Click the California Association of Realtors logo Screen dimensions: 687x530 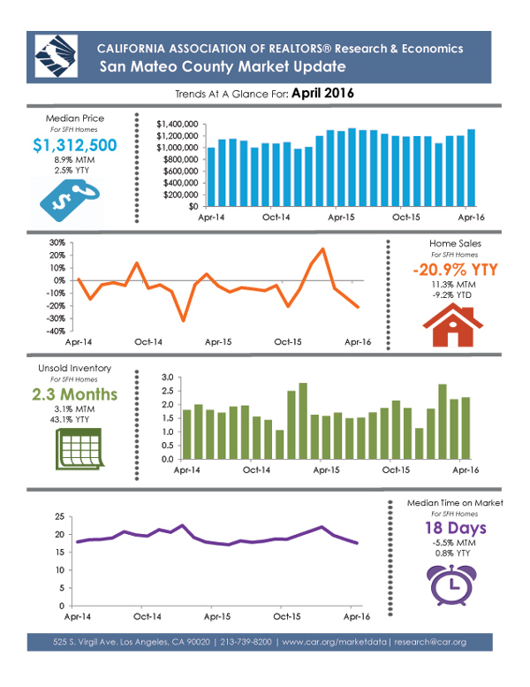click(x=55, y=57)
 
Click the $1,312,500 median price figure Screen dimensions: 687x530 click(x=74, y=145)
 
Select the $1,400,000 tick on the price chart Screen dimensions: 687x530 click(x=174, y=124)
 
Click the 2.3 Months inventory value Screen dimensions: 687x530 click(x=75, y=393)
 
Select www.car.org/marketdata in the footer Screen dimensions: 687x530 click(x=334, y=641)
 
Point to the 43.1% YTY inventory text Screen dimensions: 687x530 click(x=75, y=418)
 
